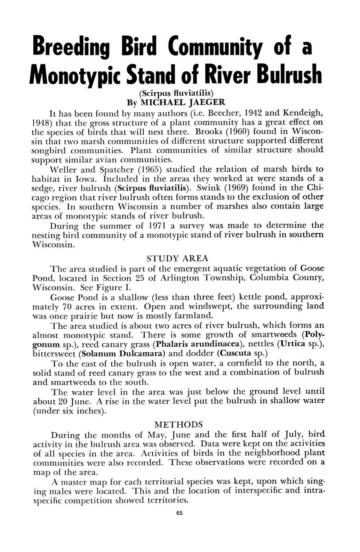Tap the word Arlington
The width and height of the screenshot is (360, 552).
pyautogui.click(x=174, y=278)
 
